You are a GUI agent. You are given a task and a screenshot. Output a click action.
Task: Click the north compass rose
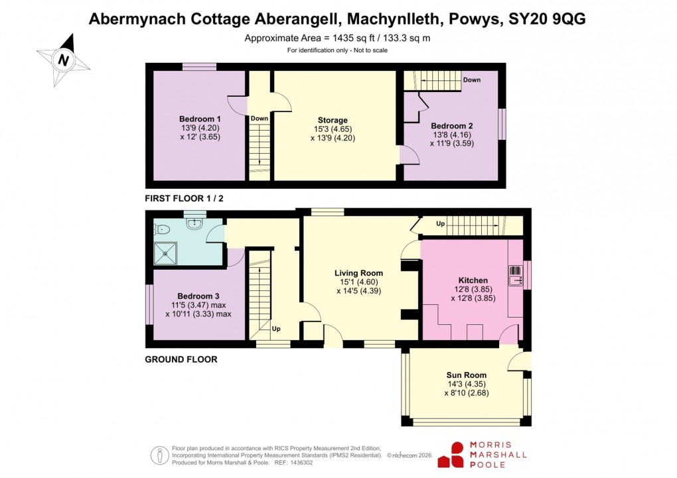click(x=63, y=60)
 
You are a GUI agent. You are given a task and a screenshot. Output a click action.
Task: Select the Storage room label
click(x=333, y=120)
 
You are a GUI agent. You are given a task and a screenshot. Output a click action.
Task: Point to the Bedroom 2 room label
click(x=451, y=125)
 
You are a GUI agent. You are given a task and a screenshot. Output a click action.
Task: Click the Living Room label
click(x=358, y=272)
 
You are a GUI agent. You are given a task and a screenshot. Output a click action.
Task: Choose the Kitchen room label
click(x=473, y=280)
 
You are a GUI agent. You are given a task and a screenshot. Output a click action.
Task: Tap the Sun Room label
click(x=466, y=375)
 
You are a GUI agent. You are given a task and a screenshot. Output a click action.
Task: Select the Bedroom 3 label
click(x=198, y=296)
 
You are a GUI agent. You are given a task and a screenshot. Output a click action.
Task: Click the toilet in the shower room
click(x=163, y=229)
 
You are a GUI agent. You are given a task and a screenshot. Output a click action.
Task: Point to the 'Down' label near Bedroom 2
click(x=471, y=80)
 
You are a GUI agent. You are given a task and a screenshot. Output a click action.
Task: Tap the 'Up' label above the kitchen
click(x=440, y=224)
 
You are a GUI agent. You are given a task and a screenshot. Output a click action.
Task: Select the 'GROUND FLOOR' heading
click(x=181, y=359)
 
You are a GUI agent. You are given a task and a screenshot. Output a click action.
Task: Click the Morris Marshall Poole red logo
click(x=456, y=455)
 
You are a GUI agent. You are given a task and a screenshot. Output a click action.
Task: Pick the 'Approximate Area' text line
click(x=337, y=38)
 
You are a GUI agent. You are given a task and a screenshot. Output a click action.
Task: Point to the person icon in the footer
click(x=159, y=455)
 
